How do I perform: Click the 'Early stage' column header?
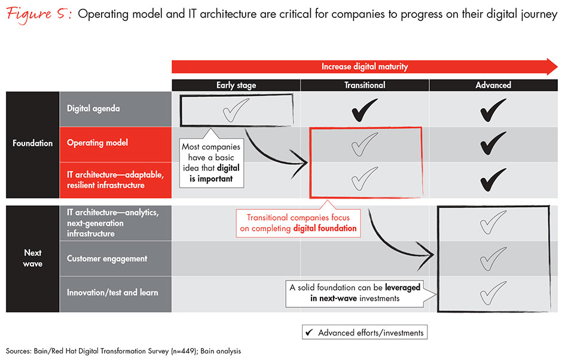[x=236, y=86]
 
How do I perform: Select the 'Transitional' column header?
[x=365, y=86]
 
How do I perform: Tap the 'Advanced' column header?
[x=493, y=86]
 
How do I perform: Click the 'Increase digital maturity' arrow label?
[x=365, y=66]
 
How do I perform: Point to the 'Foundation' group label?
[x=33, y=144]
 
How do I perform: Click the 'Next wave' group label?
[x=33, y=258]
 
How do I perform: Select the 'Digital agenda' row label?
[x=94, y=109]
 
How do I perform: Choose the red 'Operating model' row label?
[x=97, y=144]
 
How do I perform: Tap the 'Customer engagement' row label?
[x=107, y=259]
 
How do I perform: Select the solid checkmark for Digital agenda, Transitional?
[x=365, y=110]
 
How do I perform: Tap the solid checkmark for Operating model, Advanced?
[x=493, y=144]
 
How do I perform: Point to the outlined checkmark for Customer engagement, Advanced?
[x=494, y=259]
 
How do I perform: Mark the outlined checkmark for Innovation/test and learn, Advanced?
[x=494, y=293]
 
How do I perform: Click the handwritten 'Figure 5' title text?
[x=36, y=14]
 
